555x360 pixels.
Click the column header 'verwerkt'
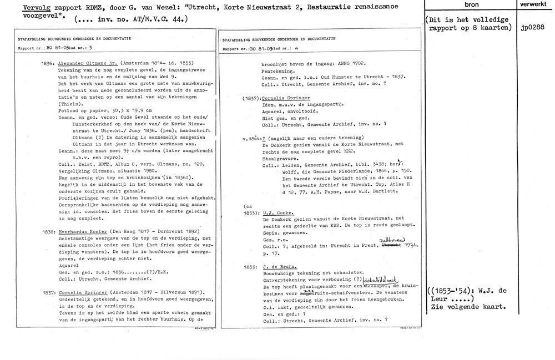534,3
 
